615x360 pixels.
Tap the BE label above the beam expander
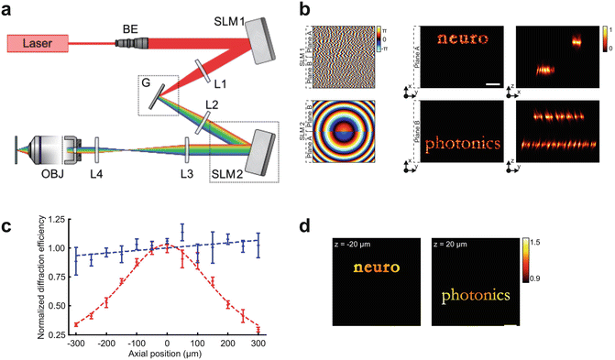click(129, 29)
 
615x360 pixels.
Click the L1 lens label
click(217, 82)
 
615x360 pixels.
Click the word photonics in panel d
click(471, 296)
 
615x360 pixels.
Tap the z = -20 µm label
click(356, 245)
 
